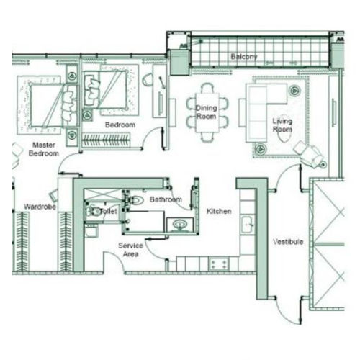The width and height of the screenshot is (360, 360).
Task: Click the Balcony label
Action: click(244, 57)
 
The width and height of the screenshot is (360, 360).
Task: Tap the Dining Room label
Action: click(207, 112)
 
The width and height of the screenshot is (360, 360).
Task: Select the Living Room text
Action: click(282, 125)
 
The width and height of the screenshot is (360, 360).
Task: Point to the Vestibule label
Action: click(288, 242)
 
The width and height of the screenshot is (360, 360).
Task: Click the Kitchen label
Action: click(219, 211)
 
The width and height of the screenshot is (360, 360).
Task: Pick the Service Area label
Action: click(130, 250)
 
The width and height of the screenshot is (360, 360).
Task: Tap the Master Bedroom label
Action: click(44, 149)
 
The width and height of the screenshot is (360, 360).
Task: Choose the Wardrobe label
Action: click(40, 207)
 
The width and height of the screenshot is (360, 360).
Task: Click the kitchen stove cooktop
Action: click(218, 264)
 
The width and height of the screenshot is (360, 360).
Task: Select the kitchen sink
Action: click(247, 225)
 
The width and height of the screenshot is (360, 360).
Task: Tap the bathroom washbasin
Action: click(179, 225)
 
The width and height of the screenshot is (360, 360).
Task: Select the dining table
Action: click(207, 112)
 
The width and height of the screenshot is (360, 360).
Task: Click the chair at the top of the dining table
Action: click(207, 88)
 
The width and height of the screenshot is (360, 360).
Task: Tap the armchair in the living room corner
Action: click(309, 153)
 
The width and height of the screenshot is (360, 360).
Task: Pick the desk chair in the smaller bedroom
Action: click(148, 80)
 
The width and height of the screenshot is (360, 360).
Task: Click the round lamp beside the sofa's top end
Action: click(294, 91)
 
